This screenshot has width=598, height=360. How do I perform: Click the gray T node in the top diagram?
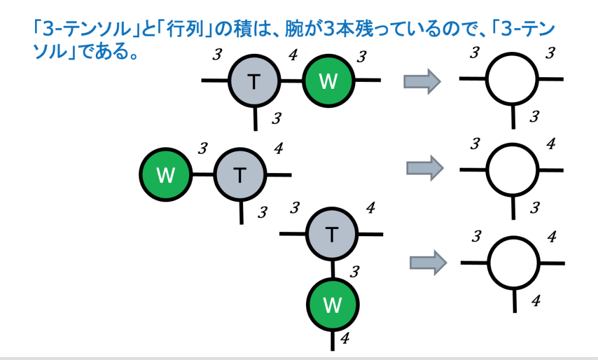point(253,81)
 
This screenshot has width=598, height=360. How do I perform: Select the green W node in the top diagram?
point(328,81)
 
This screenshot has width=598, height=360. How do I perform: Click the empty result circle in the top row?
point(512,79)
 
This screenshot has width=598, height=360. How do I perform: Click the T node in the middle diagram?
point(240,175)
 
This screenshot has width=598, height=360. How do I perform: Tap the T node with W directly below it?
point(332,235)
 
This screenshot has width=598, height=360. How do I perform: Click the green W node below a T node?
point(332,304)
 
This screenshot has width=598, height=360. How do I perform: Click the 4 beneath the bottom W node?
point(345,338)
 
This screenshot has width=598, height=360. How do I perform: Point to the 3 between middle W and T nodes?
point(202,148)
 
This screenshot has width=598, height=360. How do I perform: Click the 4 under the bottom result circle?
point(535,300)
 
